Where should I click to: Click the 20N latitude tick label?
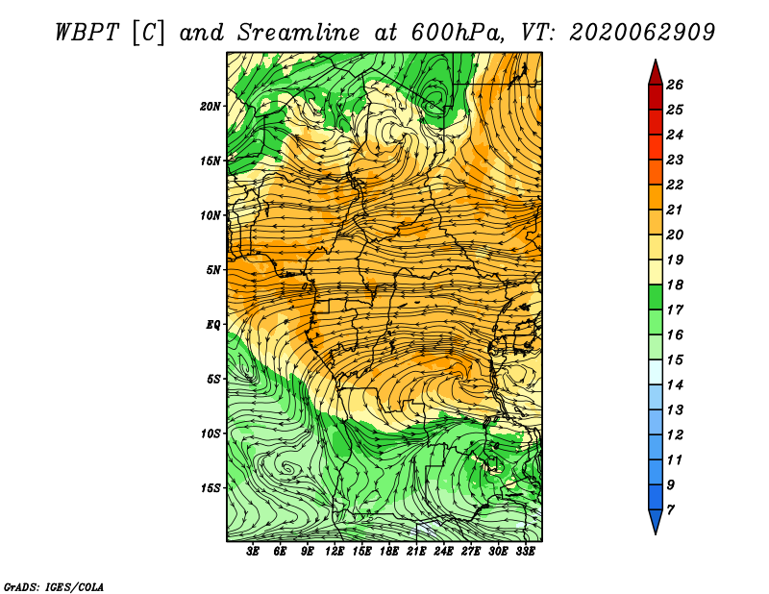click(x=211, y=107)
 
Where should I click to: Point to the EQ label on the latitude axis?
click(x=213, y=325)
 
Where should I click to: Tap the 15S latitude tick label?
click(x=211, y=488)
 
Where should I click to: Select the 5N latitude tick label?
click(x=213, y=270)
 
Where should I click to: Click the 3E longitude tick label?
click(x=253, y=552)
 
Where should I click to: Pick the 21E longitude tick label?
click(x=416, y=552)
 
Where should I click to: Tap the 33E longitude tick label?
click(x=525, y=552)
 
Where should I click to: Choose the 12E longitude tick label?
click(x=335, y=552)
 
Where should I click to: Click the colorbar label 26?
click(x=675, y=85)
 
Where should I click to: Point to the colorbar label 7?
click(x=671, y=510)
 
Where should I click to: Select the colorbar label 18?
click(x=675, y=285)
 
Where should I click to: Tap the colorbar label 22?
click(x=675, y=185)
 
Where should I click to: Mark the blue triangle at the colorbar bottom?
click(x=656, y=520)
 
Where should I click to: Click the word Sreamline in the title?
click(x=299, y=33)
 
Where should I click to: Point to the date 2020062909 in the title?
click(x=642, y=33)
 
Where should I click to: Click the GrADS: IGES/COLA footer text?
click(x=54, y=587)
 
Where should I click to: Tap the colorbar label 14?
click(x=675, y=385)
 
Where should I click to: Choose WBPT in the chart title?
click(x=87, y=33)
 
